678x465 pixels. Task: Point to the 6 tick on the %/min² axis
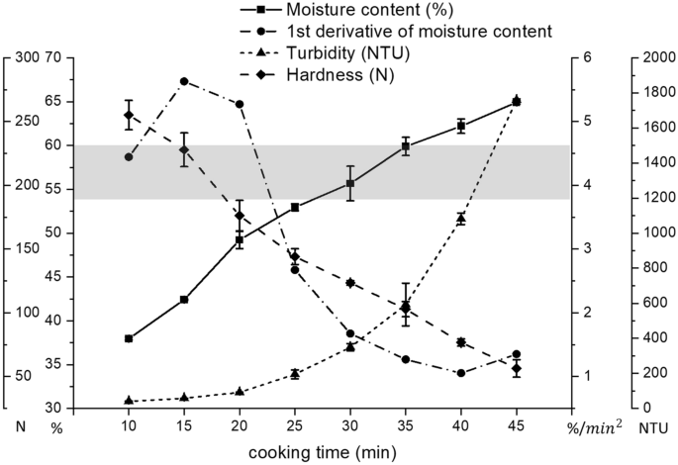[587, 57]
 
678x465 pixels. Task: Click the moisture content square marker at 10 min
[129, 338]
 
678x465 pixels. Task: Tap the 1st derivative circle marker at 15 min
[184, 81]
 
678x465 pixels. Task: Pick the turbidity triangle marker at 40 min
[461, 218]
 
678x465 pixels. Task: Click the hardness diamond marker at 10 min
[129, 115]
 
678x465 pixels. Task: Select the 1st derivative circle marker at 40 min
[461, 373]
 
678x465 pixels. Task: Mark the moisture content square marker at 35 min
[406, 146]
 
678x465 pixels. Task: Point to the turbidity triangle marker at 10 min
[129, 400]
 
